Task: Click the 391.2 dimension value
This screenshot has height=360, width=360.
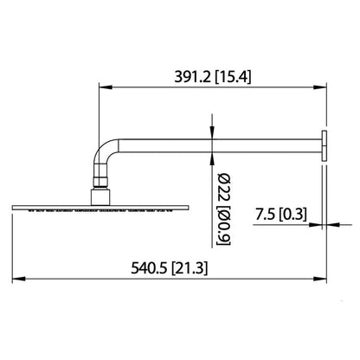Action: (192, 77)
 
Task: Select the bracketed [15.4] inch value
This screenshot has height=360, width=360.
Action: (234, 77)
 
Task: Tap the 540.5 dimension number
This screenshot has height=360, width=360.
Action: (149, 268)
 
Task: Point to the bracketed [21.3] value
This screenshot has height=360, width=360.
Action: (190, 268)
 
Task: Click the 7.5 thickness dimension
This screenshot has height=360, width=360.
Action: (265, 215)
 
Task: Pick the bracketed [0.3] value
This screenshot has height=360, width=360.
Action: (292, 215)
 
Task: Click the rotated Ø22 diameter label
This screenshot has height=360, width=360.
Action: (224, 188)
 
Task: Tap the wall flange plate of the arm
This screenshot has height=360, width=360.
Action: (324, 145)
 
